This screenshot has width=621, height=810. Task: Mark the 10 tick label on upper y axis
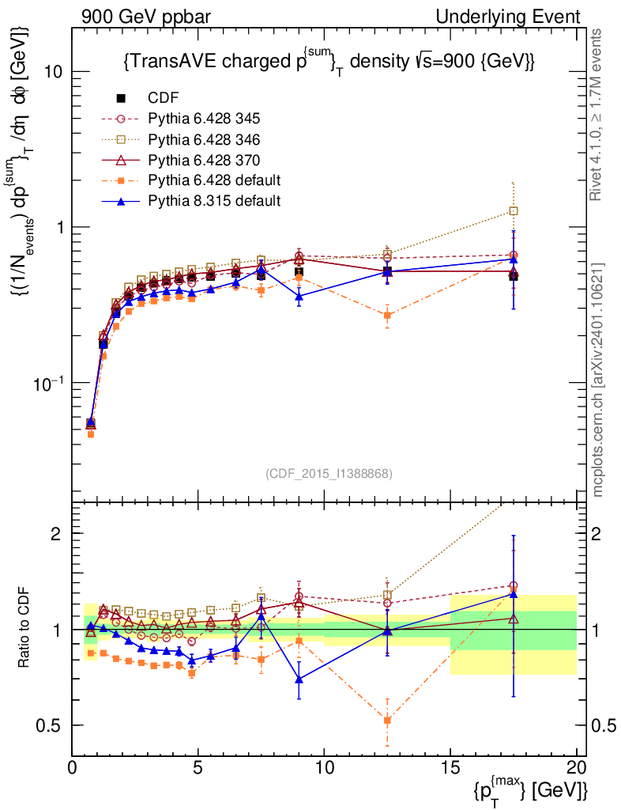tap(52, 71)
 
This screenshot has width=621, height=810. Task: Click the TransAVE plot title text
tap(330, 62)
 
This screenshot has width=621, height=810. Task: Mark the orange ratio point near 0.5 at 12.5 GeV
tap(387, 720)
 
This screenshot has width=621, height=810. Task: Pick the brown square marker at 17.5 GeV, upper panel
tap(514, 211)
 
